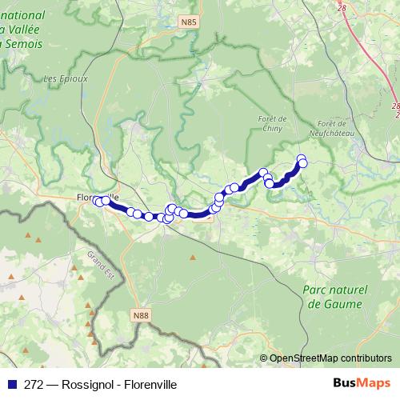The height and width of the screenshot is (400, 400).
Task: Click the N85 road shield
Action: click(x=211, y=22)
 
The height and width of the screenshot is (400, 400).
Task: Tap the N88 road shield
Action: click(x=141, y=315)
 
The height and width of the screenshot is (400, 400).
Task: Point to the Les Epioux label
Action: click(x=62, y=79)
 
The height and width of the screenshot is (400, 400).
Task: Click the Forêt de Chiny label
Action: click(x=273, y=124)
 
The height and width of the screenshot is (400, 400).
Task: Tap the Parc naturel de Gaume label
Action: click(x=334, y=297)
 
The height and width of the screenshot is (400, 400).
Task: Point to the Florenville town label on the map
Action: click(x=96, y=195)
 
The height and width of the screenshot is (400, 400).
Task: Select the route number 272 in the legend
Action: click(x=33, y=384)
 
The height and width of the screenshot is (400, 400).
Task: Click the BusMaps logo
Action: click(x=358, y=382)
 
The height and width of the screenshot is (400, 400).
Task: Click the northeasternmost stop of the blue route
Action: click(x=302, y=158)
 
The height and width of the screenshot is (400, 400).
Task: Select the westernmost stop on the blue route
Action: click(x=97, y=201)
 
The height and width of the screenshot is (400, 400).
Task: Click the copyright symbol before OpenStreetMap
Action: click(x=264, y=358)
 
